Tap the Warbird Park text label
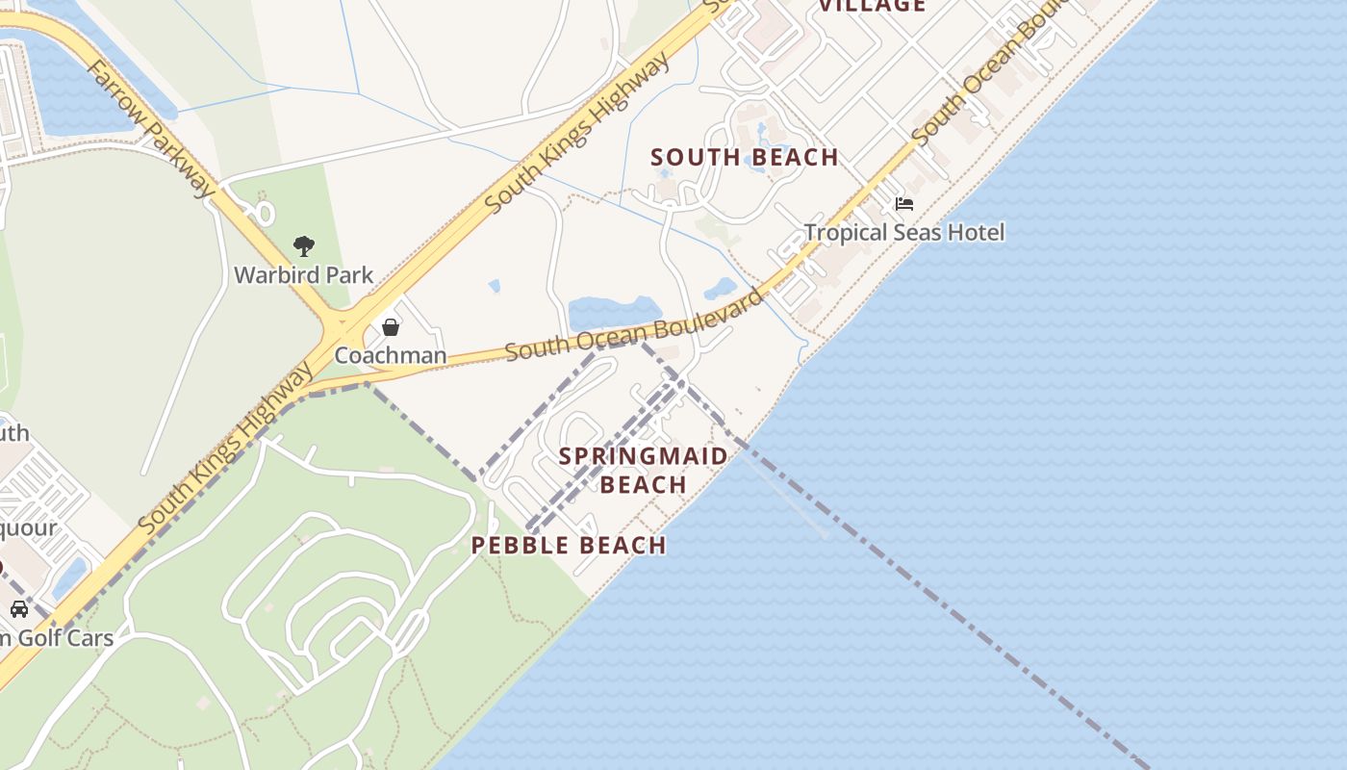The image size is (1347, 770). click(303, 275)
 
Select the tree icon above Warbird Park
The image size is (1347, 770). click(304, 246)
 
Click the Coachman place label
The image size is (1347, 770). click(391, 355)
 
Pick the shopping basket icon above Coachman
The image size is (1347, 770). click(391, 327)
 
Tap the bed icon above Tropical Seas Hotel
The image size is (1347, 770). click(903, 204)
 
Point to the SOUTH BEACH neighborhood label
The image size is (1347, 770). click(745, 157)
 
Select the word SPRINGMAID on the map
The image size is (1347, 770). click(644, 455)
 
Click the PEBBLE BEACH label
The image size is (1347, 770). click(569, 546)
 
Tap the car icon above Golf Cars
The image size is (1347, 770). click(19, 609)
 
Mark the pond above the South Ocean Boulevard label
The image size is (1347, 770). click(612, 311)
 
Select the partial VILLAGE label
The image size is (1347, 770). click(872, 6)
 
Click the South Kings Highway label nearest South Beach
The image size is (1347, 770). click(577, 135)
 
